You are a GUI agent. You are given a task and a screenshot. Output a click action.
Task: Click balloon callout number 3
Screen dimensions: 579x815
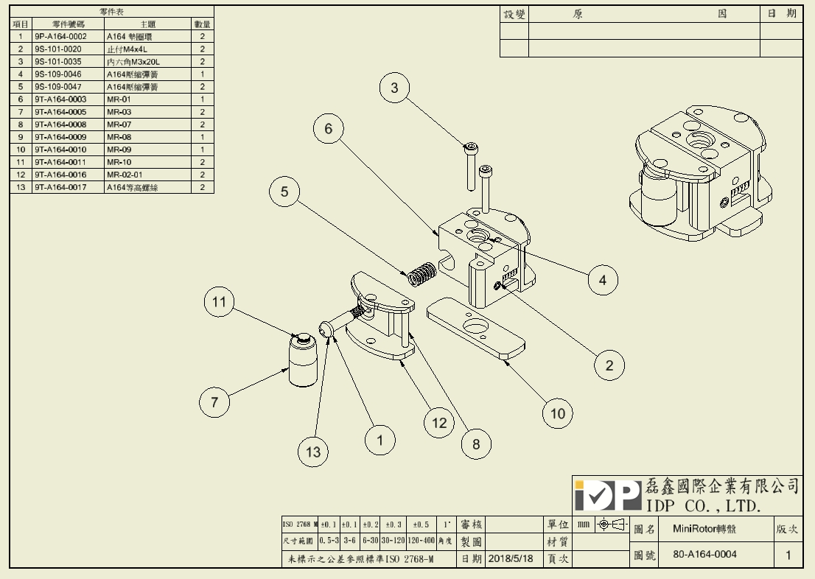394,88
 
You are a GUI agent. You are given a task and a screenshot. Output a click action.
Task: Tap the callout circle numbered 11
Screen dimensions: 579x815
219,301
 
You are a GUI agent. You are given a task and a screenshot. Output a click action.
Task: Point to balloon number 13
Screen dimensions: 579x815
314,452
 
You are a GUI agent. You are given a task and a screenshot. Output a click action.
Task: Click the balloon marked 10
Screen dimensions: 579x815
558,414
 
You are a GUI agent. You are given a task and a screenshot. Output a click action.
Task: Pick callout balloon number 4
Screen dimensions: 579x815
603,280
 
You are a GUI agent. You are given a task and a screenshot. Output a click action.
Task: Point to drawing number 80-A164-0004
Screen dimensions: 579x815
705,554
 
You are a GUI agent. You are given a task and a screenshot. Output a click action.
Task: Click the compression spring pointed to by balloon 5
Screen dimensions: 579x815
422,274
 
